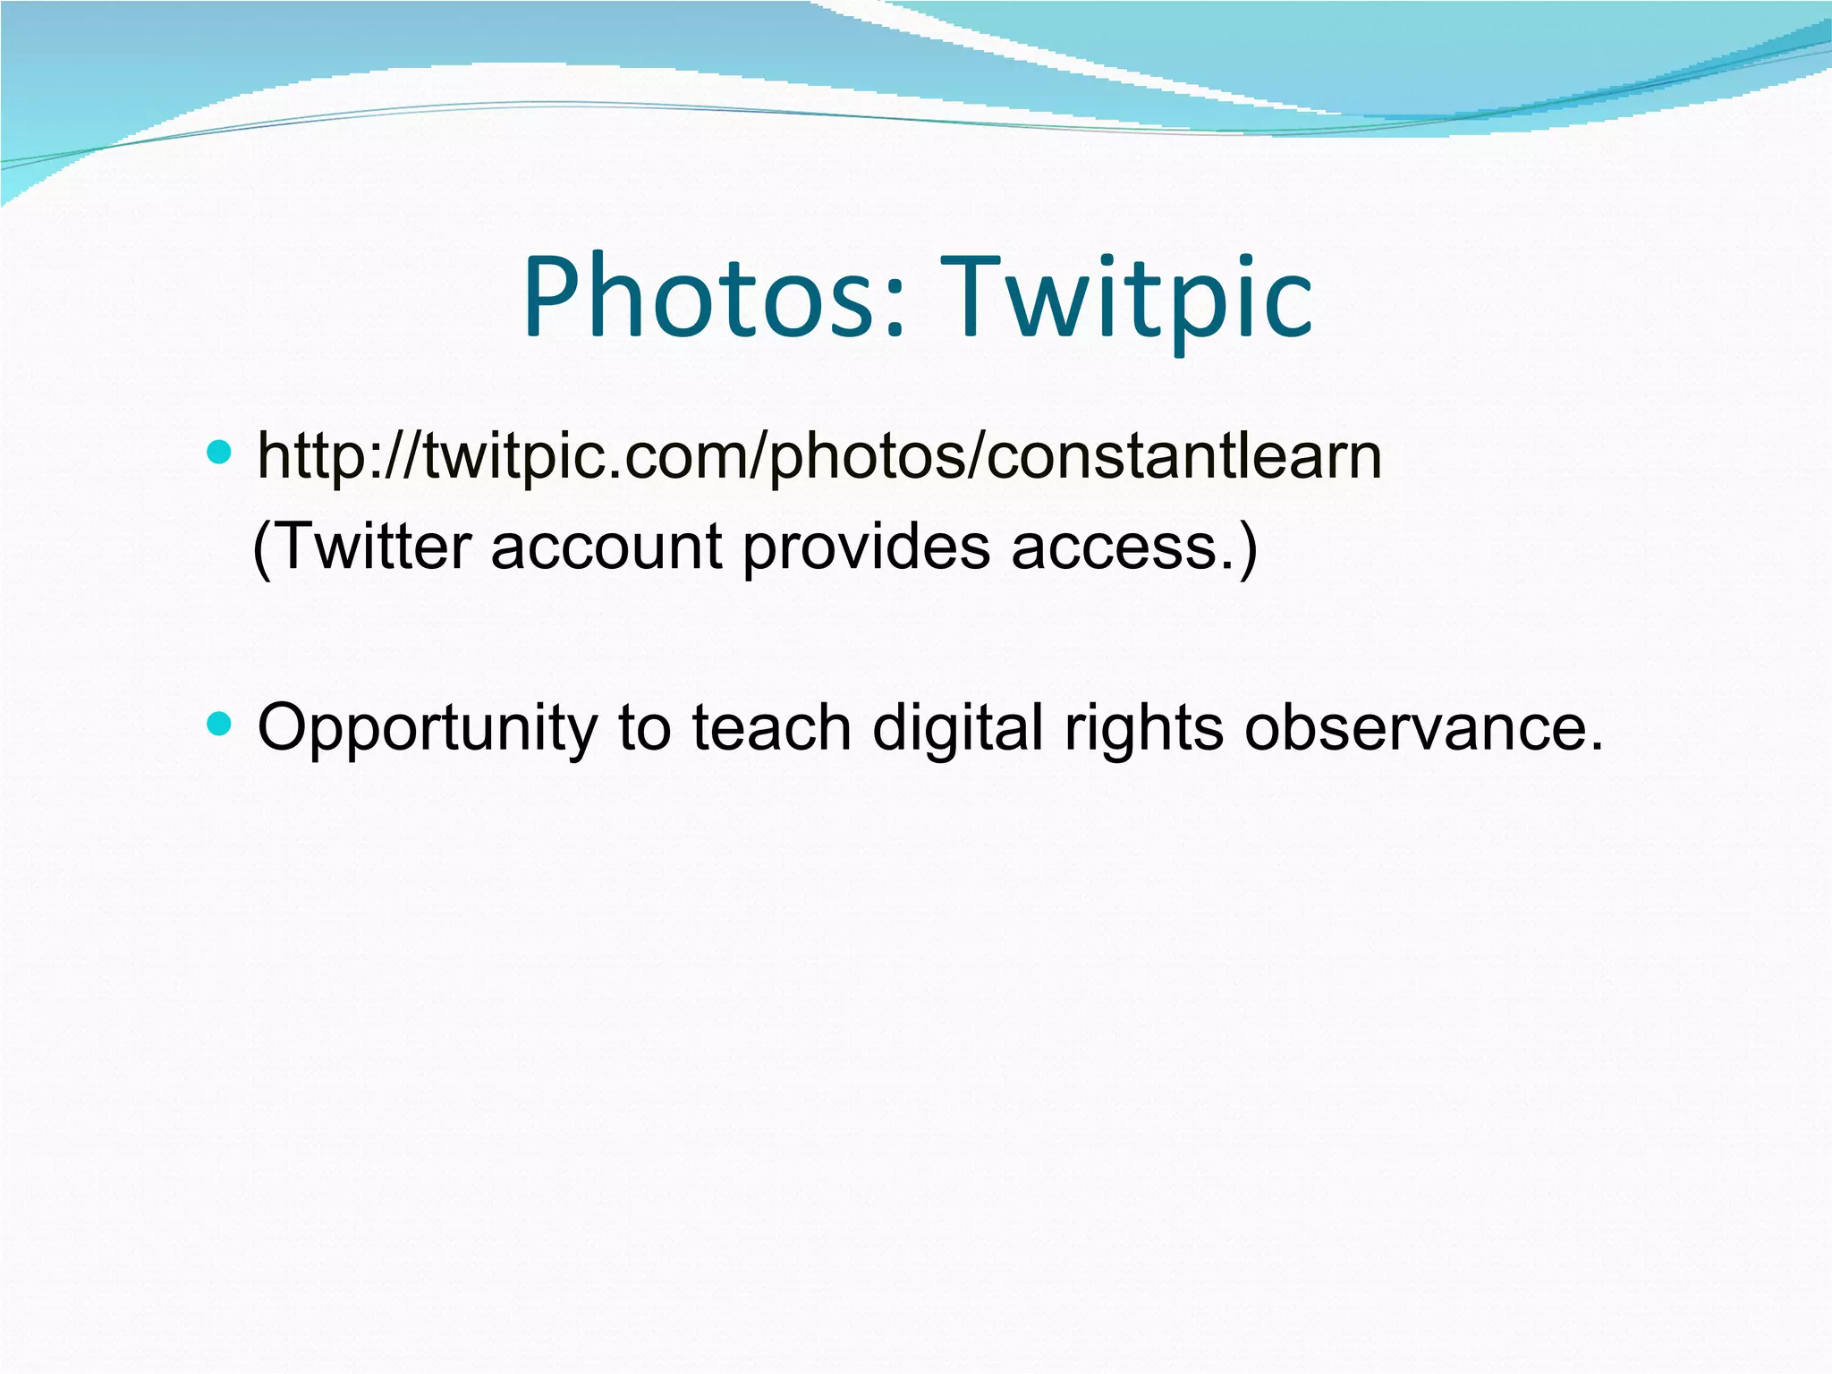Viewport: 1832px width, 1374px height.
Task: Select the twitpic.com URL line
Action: tap(818, 457)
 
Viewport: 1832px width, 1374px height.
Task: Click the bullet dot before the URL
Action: tap(218, 452)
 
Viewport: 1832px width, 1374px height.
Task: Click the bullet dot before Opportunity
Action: tap(218, 722)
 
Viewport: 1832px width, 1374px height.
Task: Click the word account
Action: tap(606, 547)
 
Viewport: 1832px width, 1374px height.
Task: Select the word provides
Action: tap(866, 547)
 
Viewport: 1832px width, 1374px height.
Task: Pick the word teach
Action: tap(771, 727)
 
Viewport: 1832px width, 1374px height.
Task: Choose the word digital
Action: tap(957, 727)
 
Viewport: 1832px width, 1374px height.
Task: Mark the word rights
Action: tap(1143, 727)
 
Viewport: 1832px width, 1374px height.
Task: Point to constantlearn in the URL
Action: tap(1185, 457)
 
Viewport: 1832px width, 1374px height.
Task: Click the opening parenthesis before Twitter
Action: tap(262, 548)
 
